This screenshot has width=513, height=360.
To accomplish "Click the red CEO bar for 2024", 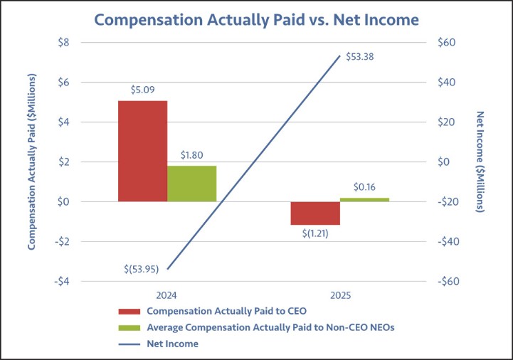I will point(142,151).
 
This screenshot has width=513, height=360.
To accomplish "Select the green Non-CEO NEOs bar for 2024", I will point(191,184).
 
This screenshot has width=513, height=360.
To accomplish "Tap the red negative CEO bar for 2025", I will point(314,213).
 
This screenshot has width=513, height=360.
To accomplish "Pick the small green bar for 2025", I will point(364,199).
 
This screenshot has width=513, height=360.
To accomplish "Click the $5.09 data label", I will point(142,90).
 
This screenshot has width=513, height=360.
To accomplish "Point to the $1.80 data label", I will point(192,155).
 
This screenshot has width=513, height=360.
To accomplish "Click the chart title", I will point(256,19).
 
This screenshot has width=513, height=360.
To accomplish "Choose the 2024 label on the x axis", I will point(167,295).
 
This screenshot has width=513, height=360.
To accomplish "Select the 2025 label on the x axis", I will point(339,295).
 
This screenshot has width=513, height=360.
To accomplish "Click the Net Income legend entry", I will point(172,344).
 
